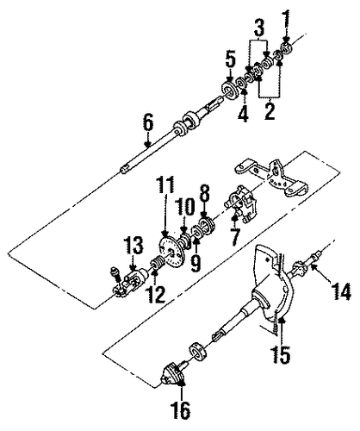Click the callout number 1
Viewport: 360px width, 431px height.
click(x=288, y=22)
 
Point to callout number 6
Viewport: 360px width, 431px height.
click(x=148, y=126)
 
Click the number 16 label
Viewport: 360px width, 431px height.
click(x=181, y=410)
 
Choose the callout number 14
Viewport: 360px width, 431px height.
click(x=341, y=291)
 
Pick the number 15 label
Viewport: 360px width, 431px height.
click(x=281, y=353)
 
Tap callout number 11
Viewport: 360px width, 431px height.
click(x=165, y=187)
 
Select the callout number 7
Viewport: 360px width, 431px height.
click(x=234, y=237)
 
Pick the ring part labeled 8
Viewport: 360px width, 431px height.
click(x=207, y=225)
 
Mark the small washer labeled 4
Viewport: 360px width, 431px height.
click(x=241, y=84)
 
